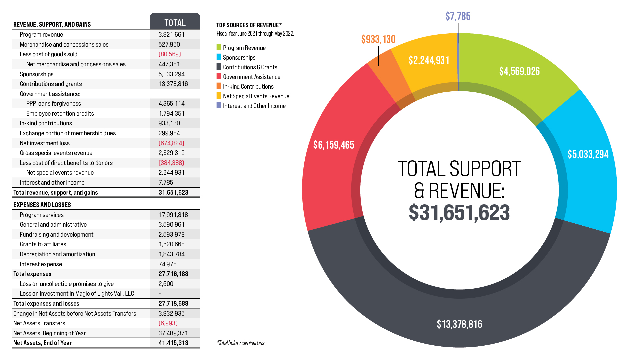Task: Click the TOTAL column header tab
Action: [175, 22]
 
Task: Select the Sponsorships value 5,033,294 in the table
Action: [171, 74]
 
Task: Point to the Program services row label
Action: [42, 215]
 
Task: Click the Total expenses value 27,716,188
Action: [173, 274]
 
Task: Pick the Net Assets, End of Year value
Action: [173, 343]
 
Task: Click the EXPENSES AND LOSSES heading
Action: [42, 205]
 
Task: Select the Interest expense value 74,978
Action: [167, 264]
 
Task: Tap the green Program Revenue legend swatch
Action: [219, 47]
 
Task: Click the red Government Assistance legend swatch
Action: [219, 76]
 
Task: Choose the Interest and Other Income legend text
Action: [254, 106]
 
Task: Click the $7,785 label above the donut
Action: [458, 16]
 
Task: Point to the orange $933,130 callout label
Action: [378, 39]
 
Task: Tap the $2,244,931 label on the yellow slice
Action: [429, 60]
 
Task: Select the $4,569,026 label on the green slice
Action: [519, 71]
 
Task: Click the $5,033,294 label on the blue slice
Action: [588, 154]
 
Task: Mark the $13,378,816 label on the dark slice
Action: [459, 324]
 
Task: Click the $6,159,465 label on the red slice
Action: [333, 145]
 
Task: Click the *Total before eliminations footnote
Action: [240, 343]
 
